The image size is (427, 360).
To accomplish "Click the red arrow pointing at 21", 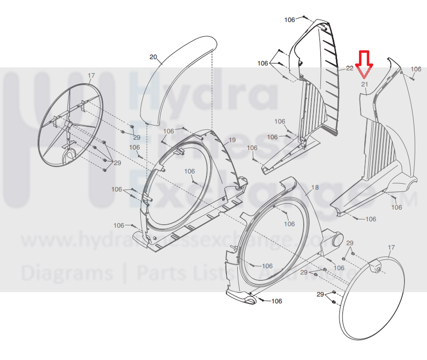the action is pyautogui.click(x=364, y=64).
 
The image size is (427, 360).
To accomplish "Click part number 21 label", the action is pyautogui.click(x=364, y=84).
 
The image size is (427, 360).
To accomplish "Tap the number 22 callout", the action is pyautogui.click(x=350, y=68).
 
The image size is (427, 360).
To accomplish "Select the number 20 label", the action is pyautogui.click(x=153, y=57).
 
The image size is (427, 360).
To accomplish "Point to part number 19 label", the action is pyautogui.click(x=232, y=140).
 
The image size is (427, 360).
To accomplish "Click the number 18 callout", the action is pyautogui.click(x=314, y=187).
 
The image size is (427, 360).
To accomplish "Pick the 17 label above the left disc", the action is pyautogui.click(x=91, y=75).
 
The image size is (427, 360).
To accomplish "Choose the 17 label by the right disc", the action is pyautogui.click(x=391, y=248).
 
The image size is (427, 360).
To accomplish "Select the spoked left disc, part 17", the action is pyautogui.click(x=73, y=125).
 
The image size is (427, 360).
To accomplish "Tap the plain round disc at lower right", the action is pyautogui.click(x=372, y=298).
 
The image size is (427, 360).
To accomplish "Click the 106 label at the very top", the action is pyautogui.click(x=290, y=20).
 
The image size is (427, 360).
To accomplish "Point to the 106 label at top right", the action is pyautogui.click(x=416, y=69).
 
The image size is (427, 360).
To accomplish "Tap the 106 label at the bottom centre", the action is pyautogui.click(x=277, y=301).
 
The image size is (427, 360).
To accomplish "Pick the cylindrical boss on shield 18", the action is pyautogui.click(x=335, y=239).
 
